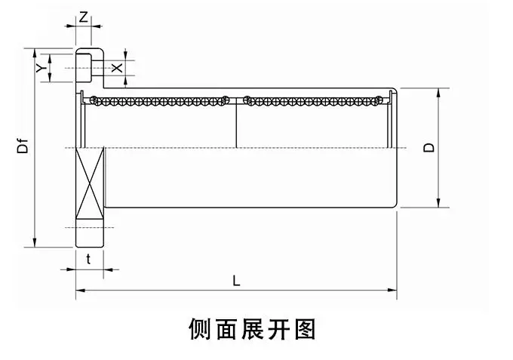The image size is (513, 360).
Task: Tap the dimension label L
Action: point(236,280)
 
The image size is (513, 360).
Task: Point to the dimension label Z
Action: point(83,17)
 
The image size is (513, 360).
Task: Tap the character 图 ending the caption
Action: point(305,330)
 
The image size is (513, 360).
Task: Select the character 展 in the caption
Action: point(252,330)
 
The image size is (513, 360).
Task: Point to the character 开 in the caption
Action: point(278,330)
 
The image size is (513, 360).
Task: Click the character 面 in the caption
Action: point(226,330)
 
